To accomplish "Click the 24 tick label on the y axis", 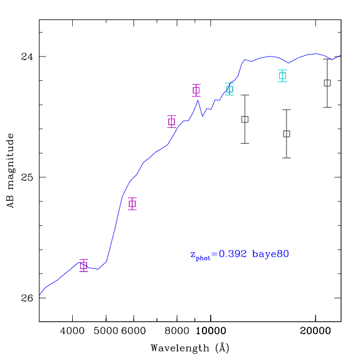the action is (27, 56).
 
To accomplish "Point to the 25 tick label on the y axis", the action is (27, 177).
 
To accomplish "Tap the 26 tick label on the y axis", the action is (27, 298).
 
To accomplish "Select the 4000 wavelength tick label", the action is (72, 331).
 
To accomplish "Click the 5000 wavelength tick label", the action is (105, 331).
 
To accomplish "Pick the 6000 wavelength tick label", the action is (134, 331).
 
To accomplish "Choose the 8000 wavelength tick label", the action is (177, 331).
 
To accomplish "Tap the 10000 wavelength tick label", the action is (211, 331).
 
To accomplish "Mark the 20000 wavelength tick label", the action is (315, 331).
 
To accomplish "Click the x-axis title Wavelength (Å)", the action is (190, 348).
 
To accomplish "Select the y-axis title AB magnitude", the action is (10, 171).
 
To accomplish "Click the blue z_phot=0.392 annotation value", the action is (218, 255).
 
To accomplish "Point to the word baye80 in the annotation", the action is (270, 254).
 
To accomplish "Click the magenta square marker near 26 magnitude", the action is (84, 266).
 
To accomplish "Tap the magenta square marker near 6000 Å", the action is (132, 204).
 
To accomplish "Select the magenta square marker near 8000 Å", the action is (172, 122).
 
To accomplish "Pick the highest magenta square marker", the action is (196, 90).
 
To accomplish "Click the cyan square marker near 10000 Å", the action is (230, 89).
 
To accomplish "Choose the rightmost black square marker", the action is (327, 83).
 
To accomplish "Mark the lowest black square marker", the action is (287, 134).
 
